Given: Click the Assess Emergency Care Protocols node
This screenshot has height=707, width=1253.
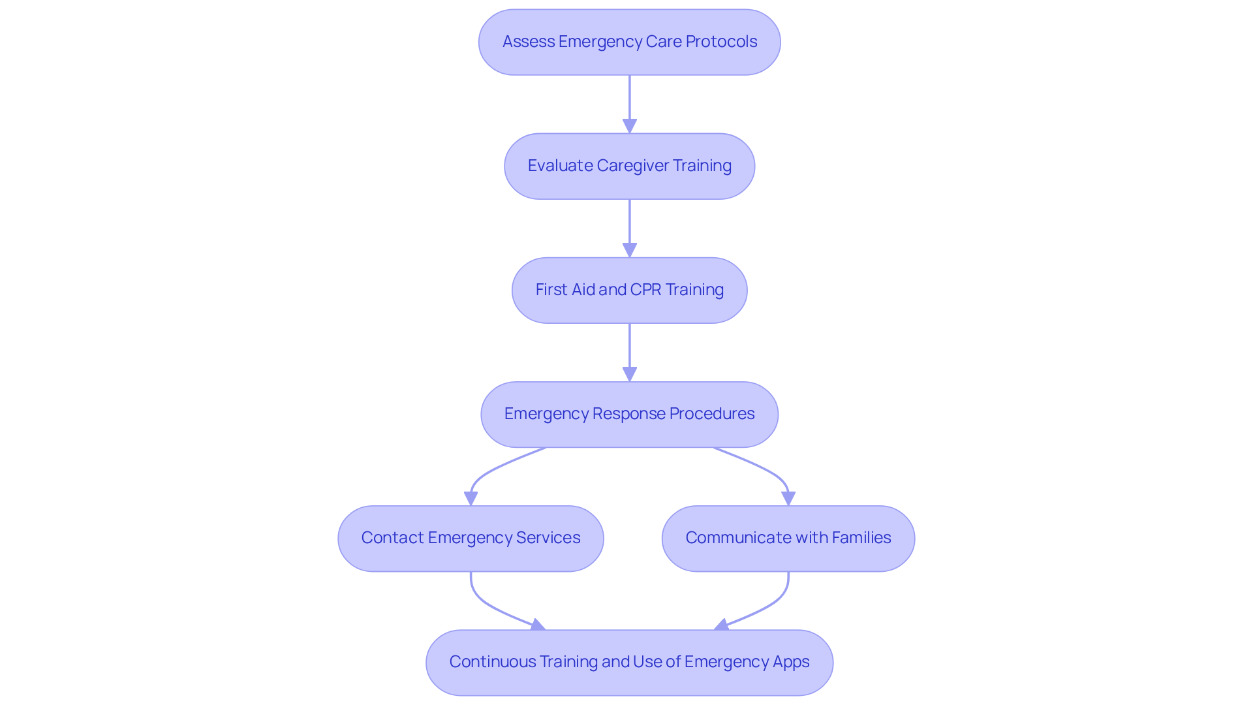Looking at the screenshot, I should click(629, 42).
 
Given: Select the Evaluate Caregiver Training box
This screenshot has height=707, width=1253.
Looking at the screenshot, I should click(629, 166).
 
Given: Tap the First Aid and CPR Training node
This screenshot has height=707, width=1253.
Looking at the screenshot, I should click(629, 290).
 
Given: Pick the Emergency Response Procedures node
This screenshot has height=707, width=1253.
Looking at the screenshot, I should click(629, 414).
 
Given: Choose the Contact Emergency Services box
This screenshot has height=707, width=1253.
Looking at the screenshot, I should click(471, 538).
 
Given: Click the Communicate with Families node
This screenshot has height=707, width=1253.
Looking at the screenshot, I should click(788, 538).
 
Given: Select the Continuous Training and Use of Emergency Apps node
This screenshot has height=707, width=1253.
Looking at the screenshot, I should click(629, 662).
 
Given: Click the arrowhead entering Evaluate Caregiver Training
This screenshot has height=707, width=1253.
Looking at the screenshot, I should click(629, 126).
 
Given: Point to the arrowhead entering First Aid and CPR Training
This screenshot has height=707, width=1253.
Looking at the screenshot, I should click(629, 250).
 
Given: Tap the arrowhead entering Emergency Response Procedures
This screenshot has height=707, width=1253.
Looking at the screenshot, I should click(629, 374).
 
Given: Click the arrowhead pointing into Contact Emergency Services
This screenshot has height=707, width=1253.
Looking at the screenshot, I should click(471, 498).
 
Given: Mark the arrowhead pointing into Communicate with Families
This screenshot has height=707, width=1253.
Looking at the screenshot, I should click(788, 498).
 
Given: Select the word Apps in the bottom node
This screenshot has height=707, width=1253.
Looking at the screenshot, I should click(791, 662).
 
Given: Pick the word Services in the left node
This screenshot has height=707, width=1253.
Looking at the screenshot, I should click(548, 538).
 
